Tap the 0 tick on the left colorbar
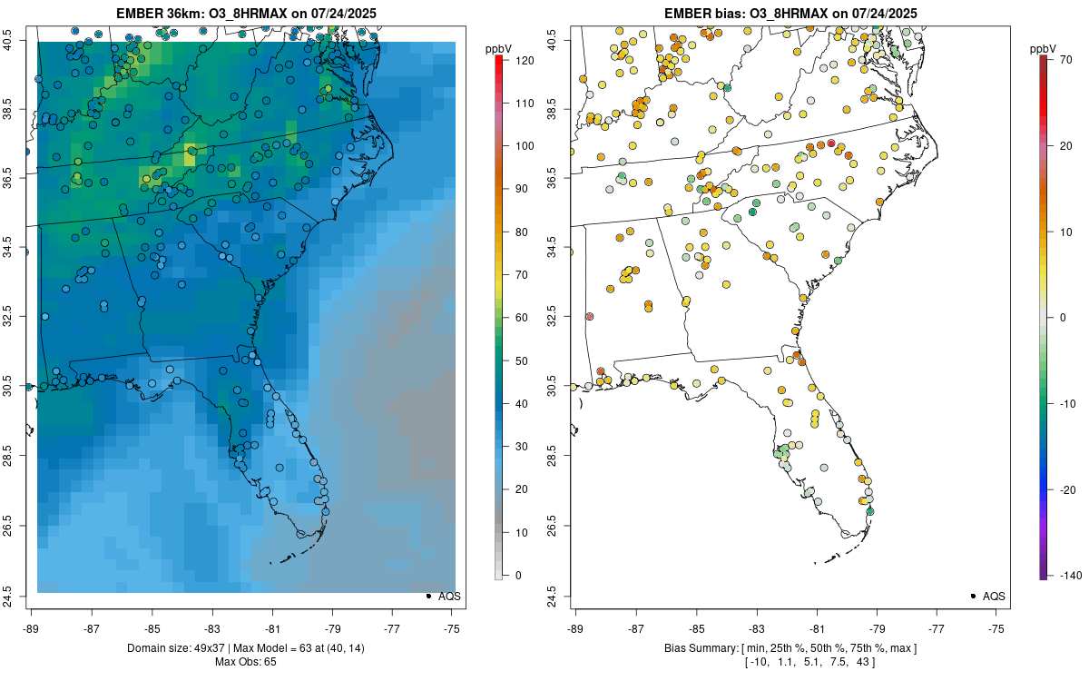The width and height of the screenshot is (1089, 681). pyautogui.click(x=518, y=575)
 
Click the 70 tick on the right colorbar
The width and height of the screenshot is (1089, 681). pyautogui.click(x=1064, y=57)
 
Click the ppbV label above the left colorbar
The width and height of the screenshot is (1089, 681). pyautogui.click(x=498, y=48)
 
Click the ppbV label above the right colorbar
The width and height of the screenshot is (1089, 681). pyautogui.click(x=1043, y=48)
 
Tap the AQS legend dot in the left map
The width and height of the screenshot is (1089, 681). pyautogui.click(x=427, y=596)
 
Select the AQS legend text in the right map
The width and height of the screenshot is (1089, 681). pyautogui.click(x=994, y=596)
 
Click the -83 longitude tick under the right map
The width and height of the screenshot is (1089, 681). pyautogui.click(x=756, y=627)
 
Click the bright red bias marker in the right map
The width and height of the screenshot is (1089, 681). pyautogui.click(x=831, y=143)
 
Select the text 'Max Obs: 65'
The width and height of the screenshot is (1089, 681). pyautogui.click(x=245, y=661)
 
